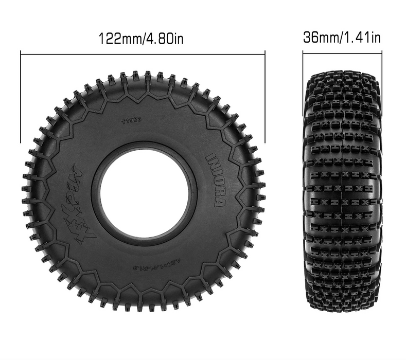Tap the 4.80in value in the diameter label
tap(164, 38)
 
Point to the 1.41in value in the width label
tap(363, 38)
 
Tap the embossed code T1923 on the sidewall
tap(131, 121)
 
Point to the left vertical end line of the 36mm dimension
tap(303, 82)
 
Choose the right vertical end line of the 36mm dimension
tap(381, 82)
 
